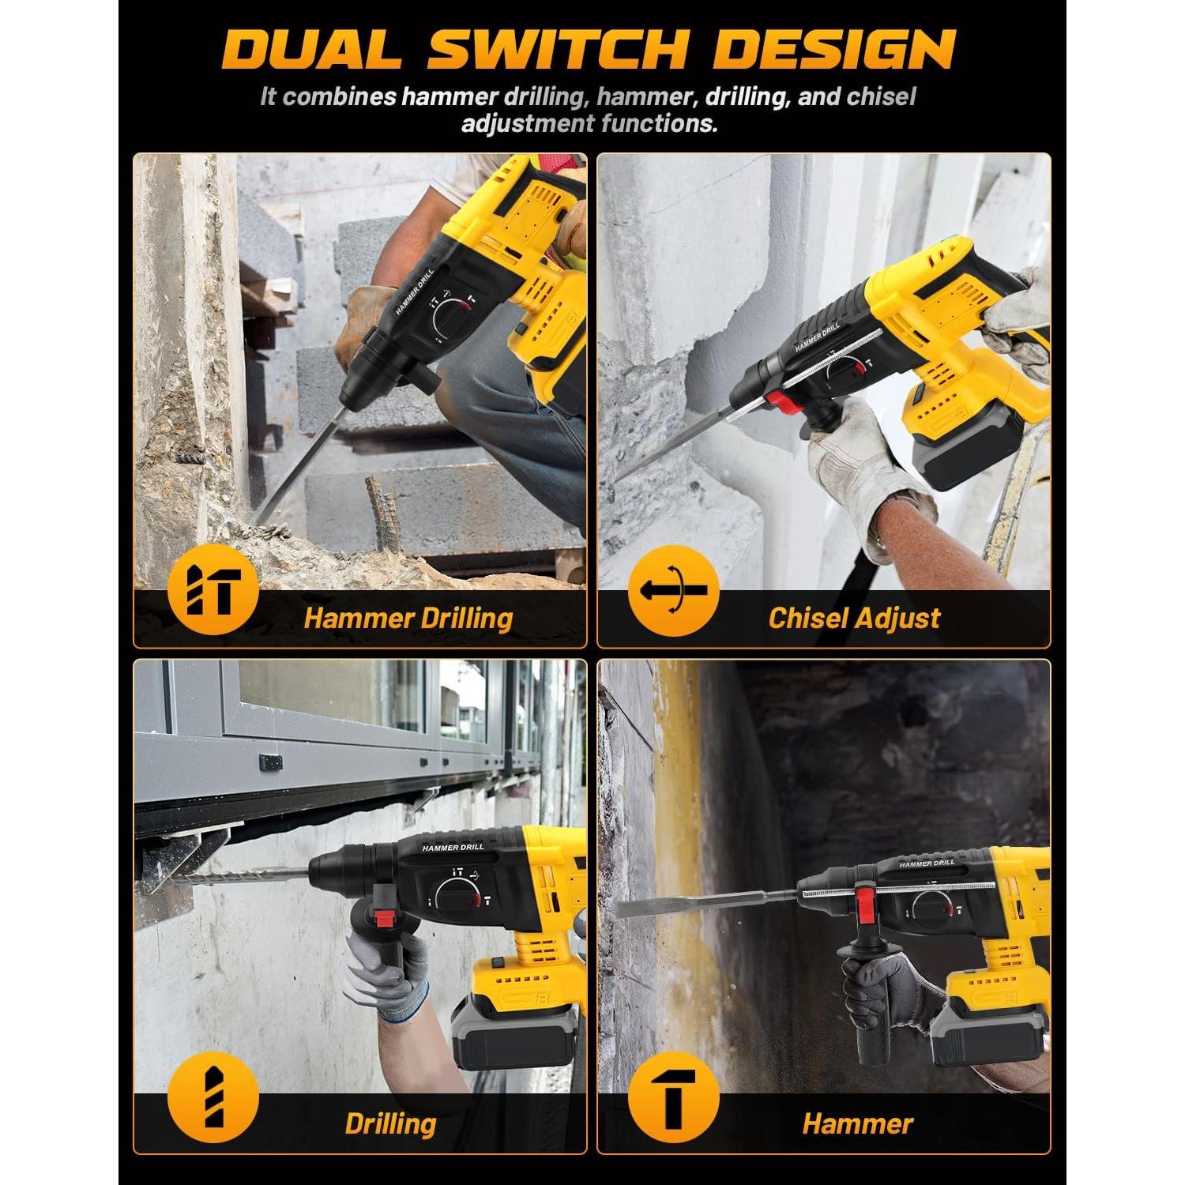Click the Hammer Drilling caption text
click(408, 618)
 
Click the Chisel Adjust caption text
click(854, 618)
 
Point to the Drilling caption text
click(390, 1123)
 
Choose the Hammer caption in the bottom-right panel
click(857, 1123)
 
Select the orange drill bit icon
click(213, 1097)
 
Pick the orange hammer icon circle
click(673, 1097)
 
